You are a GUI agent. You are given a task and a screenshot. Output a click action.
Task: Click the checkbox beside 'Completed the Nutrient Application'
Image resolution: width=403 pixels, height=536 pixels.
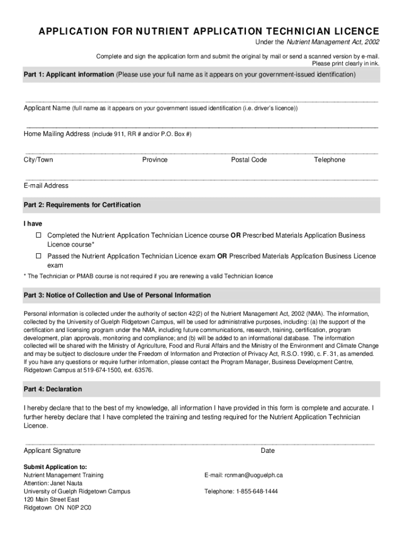[x=38, y=236]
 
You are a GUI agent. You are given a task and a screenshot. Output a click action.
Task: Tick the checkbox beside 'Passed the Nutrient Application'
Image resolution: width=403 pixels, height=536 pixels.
[x=38, y=256]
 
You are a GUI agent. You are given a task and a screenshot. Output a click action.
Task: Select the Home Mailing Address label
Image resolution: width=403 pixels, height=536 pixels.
[x=57, y=134]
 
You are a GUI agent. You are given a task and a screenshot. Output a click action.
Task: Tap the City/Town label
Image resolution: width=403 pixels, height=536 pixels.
[x=38, y=160]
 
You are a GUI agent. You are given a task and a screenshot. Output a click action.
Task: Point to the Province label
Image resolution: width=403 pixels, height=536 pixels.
[x=155, y=160]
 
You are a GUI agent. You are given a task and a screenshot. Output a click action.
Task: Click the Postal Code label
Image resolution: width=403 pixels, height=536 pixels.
[x=249, y=160]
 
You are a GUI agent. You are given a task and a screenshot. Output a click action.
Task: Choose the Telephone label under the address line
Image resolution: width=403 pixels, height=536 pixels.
[x=329, y=160]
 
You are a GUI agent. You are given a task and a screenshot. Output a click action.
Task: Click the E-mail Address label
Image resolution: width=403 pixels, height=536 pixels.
[x=46, y=185]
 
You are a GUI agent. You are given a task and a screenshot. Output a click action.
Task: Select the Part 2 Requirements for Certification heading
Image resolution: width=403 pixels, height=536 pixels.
[x=82, y=205]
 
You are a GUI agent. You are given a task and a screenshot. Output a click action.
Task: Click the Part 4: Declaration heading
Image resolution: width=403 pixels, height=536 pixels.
[x=53, y=389]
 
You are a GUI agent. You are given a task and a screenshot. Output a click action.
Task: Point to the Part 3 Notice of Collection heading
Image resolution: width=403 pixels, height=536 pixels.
[x=117, y=295]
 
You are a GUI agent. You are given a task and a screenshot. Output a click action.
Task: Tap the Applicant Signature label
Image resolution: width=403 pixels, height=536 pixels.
[x=52, y=451]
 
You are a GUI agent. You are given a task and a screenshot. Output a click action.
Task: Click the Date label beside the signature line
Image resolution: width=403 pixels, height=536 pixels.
[x=267, y=451]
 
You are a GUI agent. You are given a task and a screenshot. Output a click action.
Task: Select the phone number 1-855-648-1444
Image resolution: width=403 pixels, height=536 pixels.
[x=256, y=492]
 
